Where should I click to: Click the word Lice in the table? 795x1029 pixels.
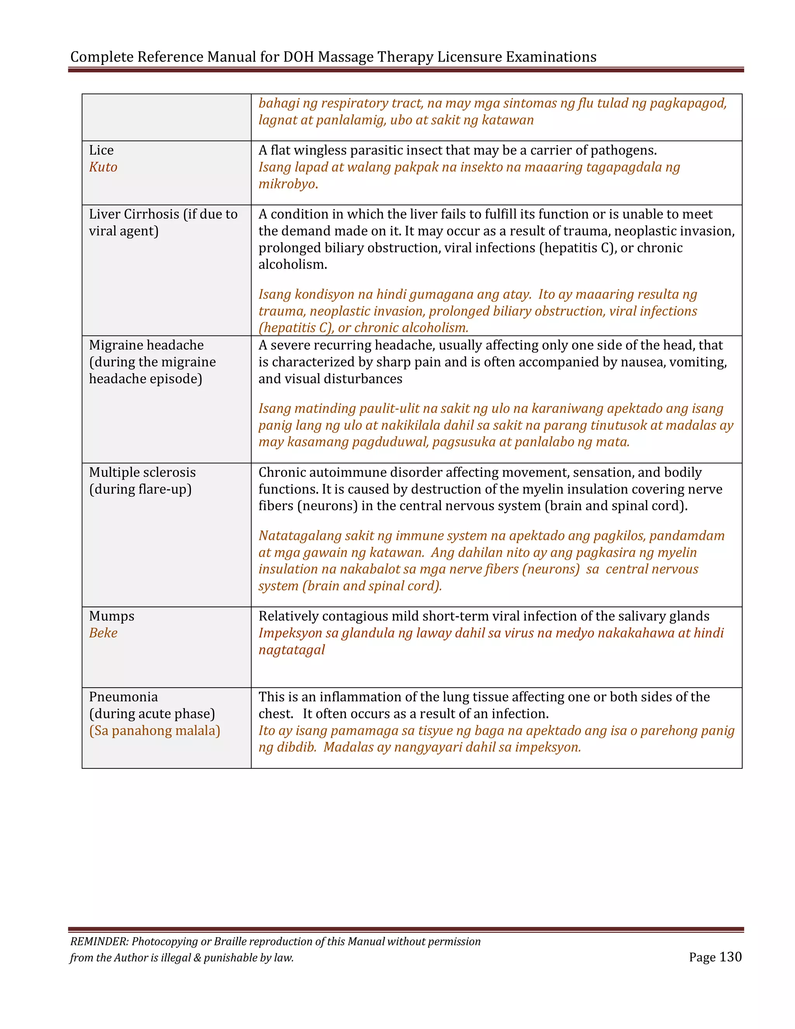pos(101,150)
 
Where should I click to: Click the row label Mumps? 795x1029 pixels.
pos(112,616)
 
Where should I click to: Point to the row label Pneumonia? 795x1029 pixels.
pos(123,697)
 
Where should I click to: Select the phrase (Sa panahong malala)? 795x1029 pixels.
pos(154,731)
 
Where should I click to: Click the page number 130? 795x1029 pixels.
pos(731,957)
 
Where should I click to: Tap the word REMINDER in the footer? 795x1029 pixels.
pos(99,941)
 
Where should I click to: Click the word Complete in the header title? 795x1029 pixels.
pos(102,57)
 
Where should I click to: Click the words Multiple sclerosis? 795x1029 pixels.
pos(142,473)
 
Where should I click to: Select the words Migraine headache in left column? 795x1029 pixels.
pos(146,345)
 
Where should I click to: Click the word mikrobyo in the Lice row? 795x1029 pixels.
pos(288,184)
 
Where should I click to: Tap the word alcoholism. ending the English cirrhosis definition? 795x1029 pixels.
pos(292,265)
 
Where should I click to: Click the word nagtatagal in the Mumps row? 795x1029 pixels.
pos(292,650)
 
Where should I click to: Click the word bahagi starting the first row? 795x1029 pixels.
pos(278,103)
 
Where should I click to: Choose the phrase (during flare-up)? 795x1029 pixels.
pos(141,490)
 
